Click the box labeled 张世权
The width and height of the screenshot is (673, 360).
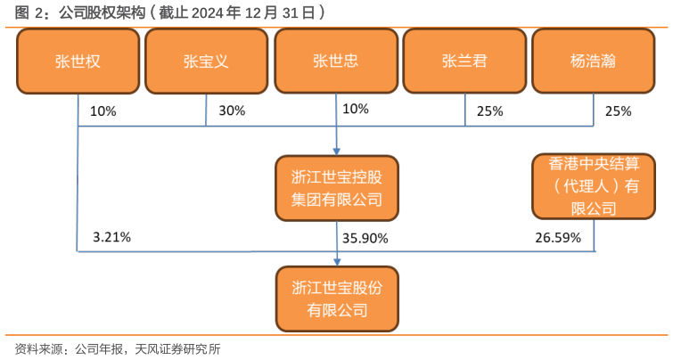[78, 61]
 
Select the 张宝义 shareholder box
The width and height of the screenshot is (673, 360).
[206, 61]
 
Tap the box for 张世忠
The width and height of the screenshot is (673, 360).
[336, 61]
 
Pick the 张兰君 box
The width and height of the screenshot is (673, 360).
[464, 61]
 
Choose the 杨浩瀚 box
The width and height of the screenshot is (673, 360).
[594, 61]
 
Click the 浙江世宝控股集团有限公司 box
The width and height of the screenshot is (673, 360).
[336, 188]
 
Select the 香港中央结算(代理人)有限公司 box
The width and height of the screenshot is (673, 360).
[594, 186]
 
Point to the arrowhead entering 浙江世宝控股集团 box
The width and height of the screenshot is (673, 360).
[336, 151]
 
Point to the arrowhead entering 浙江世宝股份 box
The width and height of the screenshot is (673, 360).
[336, 261]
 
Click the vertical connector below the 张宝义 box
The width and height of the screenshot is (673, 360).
[206, 109]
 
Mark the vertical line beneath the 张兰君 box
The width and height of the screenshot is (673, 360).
[464, 109]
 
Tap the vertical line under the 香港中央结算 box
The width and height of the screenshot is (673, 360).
[594, 235]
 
